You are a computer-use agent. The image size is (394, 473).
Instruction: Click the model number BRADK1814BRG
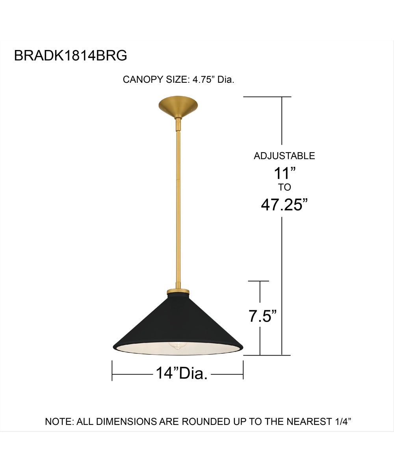[x=71, y=56]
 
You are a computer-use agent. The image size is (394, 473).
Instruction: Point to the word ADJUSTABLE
[x=284, y=156]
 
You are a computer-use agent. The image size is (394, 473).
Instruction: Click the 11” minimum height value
[x=284, y=173]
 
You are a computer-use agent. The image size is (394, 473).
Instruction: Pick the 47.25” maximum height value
[x=284, y=205]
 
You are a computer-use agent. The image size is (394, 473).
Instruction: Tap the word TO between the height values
[x=284, y=187]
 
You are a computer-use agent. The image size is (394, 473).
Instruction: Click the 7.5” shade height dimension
[x=263, y=317]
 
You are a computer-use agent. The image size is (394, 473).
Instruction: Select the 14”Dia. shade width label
[x=182, y=373]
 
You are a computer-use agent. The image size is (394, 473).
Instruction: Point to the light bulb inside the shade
[x=177, y=345]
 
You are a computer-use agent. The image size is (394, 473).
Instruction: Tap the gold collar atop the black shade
[x=178, y=292]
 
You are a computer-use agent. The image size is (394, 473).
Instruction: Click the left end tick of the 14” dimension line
[x=112, y=371]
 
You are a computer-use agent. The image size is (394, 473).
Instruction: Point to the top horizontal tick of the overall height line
[x=267, y=97]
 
